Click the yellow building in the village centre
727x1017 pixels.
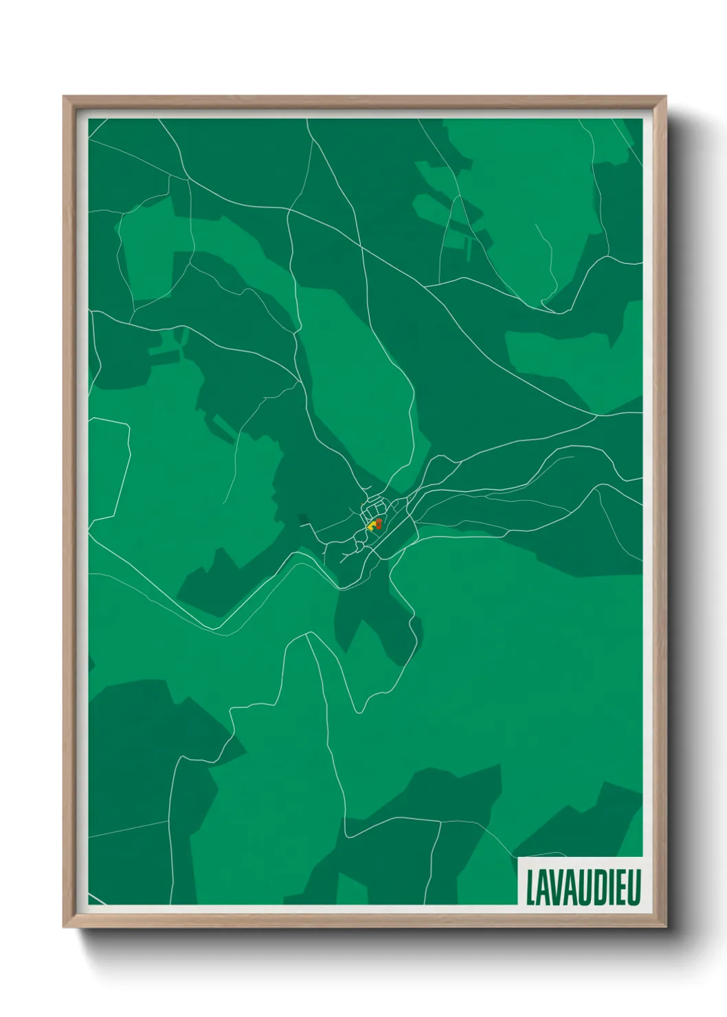[372, 526]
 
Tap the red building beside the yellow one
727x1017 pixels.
[378, 524]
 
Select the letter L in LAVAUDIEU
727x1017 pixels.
[530, 887]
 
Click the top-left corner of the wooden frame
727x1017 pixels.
[65, 98]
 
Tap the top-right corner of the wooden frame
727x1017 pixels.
[665, 98]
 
